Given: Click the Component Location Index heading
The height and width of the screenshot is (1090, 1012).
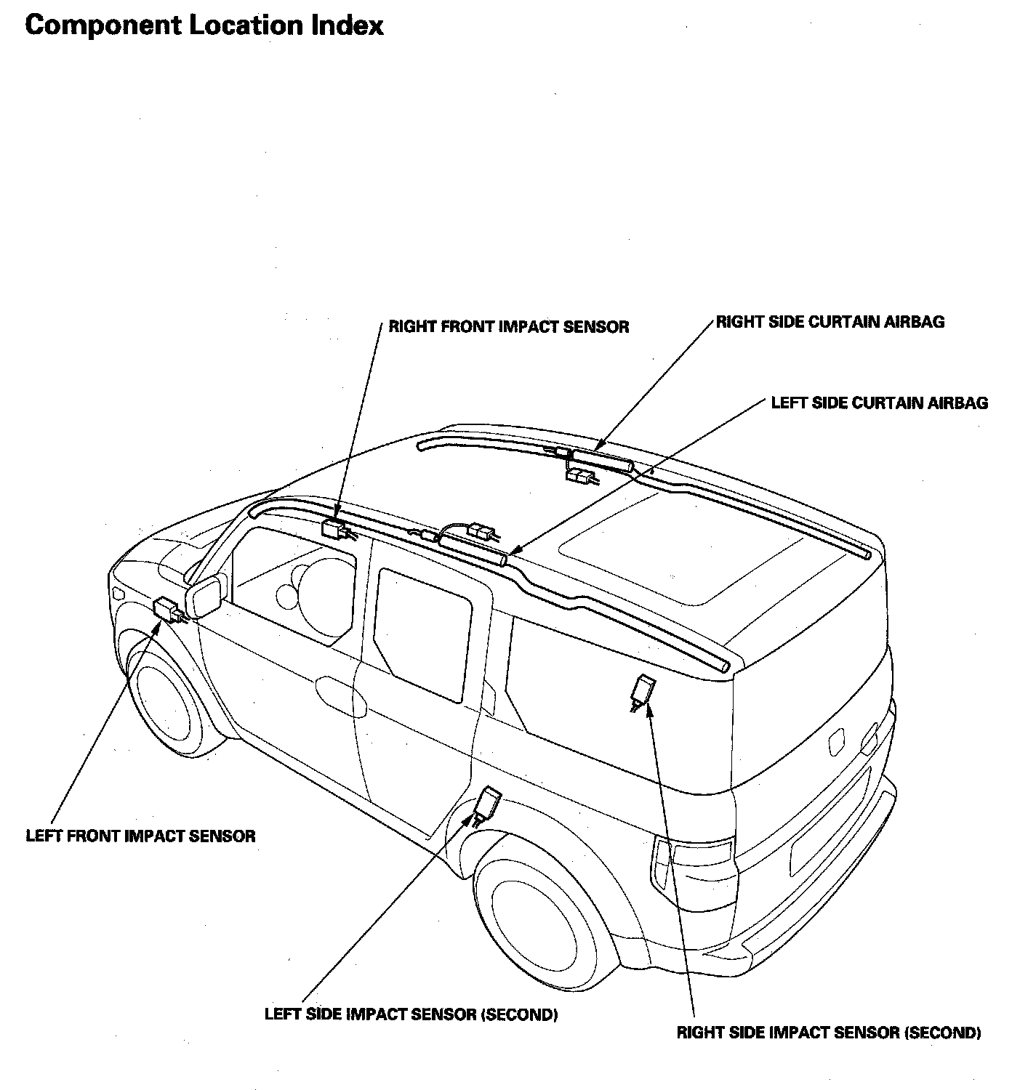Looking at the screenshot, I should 204,26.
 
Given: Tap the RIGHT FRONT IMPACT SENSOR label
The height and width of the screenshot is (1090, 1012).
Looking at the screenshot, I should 509,327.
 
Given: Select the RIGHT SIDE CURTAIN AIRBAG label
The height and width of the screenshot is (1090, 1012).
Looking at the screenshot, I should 830,322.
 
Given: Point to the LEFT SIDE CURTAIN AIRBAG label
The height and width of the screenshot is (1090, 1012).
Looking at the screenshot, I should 880,403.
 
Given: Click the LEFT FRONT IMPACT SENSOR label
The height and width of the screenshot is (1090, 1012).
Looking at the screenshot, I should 140,836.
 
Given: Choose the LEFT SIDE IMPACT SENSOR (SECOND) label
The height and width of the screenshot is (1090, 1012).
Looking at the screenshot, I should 411,1014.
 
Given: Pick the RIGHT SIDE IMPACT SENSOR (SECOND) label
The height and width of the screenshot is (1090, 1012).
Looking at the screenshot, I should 829,1033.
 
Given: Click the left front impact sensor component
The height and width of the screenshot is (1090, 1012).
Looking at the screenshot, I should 168,607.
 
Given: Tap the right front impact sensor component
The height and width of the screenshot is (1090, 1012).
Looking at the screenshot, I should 335,528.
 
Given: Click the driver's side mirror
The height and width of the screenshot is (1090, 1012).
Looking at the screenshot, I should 204,597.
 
